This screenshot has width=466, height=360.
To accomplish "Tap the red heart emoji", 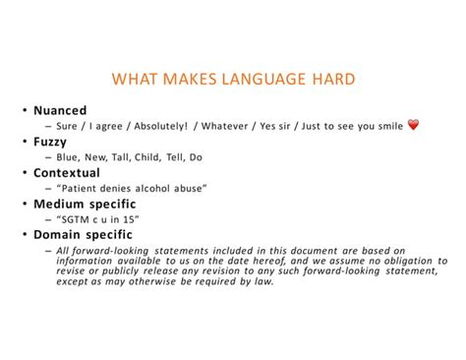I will point(413,125).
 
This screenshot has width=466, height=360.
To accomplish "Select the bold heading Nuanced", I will point(60,110).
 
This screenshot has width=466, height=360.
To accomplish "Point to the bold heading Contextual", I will point(66,172).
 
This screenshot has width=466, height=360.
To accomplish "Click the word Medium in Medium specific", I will point(61,204).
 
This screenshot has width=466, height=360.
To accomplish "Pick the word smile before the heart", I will point(387,126).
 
